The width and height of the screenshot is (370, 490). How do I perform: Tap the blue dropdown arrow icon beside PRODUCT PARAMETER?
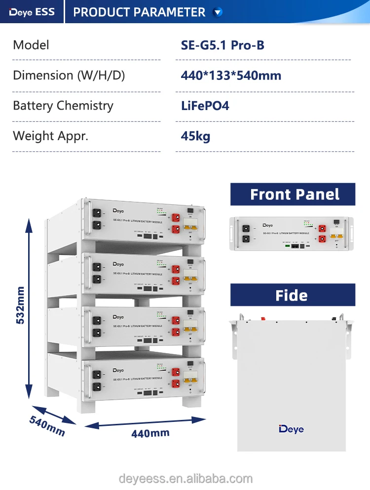[x=218, y=12]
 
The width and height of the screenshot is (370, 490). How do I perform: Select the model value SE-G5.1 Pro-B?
[x=222, y=45]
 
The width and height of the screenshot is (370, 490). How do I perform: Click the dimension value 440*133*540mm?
[x=231, y=75]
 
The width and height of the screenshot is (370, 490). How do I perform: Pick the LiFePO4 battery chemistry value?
[x=205, y=106]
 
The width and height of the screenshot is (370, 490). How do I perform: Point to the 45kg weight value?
[x=195, y=136]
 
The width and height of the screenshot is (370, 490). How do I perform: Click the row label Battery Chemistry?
[x=63, y=106]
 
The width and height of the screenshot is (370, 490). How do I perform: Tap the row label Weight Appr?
[x=50, y=136]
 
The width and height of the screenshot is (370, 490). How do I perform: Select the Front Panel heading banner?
[x=293, y=194]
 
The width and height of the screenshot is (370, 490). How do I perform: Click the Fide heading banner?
[x=293, y=295]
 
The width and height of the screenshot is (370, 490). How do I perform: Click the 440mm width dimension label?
[x=150, y=434]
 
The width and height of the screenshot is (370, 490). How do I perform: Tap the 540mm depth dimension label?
[x=47, y=426]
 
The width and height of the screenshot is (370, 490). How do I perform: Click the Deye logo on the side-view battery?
[x=291, y=429]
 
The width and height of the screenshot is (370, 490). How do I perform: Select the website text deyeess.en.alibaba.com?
[x=185, y=478]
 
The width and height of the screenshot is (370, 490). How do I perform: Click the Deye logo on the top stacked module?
[x=118, y=211]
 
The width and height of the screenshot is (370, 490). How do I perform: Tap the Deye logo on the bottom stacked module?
[x=118, y=370]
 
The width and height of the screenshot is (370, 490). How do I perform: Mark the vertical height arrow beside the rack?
[x=29, y=306]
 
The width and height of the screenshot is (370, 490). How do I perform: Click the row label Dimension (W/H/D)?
[x=69, y=75]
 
